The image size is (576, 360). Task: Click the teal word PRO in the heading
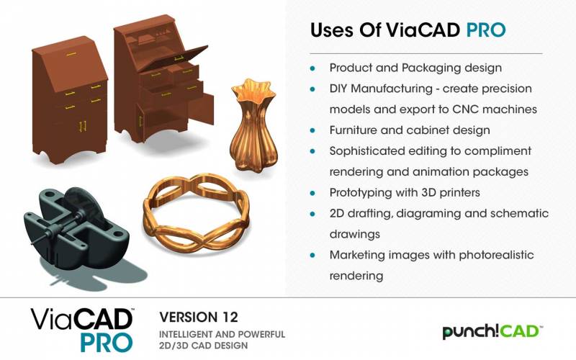[485, 30]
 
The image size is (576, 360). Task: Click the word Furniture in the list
[353, 130]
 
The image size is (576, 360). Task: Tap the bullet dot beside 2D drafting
[312, 213]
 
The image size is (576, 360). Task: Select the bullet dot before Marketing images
[312, 255]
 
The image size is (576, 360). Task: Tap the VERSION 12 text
[199, 317]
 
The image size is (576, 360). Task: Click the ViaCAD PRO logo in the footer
[82, 329]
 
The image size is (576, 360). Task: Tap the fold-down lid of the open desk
[174, 58]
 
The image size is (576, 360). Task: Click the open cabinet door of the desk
[201, 109]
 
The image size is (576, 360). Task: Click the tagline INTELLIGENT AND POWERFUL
[222, 334]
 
